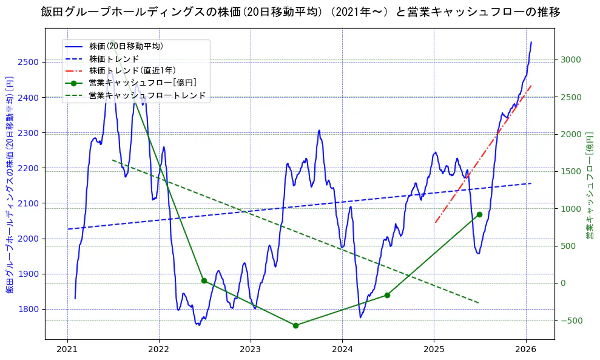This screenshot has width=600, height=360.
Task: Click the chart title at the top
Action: tap(300, 12)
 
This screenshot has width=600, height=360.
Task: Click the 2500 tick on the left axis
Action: tap(29, 62)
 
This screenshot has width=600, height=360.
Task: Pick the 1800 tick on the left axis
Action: tap(29, 309)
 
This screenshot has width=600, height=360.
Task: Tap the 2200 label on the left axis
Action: tap(29, 168)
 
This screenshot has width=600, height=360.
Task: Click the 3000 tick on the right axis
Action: tap(571, 59)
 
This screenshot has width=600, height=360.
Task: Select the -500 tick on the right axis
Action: tap(571, 321)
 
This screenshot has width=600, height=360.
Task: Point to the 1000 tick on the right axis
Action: tap(571, 209)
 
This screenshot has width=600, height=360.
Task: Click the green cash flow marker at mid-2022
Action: tap(204, 280)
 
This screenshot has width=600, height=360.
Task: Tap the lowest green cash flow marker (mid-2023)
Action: tap(295, 325)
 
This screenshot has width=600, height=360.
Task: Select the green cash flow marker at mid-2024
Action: tap(387, 295)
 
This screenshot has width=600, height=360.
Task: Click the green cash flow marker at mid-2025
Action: tap(479, 214)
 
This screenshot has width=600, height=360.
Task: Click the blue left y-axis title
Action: tap(10, 185)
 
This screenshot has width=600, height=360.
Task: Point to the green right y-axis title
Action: tap(589, 185)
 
